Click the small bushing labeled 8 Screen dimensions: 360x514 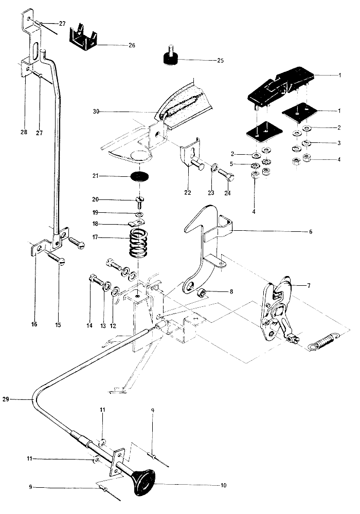point(202,292)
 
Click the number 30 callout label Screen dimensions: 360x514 point(96,112)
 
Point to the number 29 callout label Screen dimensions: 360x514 point(14,399)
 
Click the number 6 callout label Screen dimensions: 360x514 point(311,232)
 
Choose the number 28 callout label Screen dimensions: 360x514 point(24,133)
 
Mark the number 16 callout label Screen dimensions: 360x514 point(34,324)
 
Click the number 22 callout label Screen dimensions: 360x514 point(188,192)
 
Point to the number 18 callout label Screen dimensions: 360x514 point(96,224)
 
